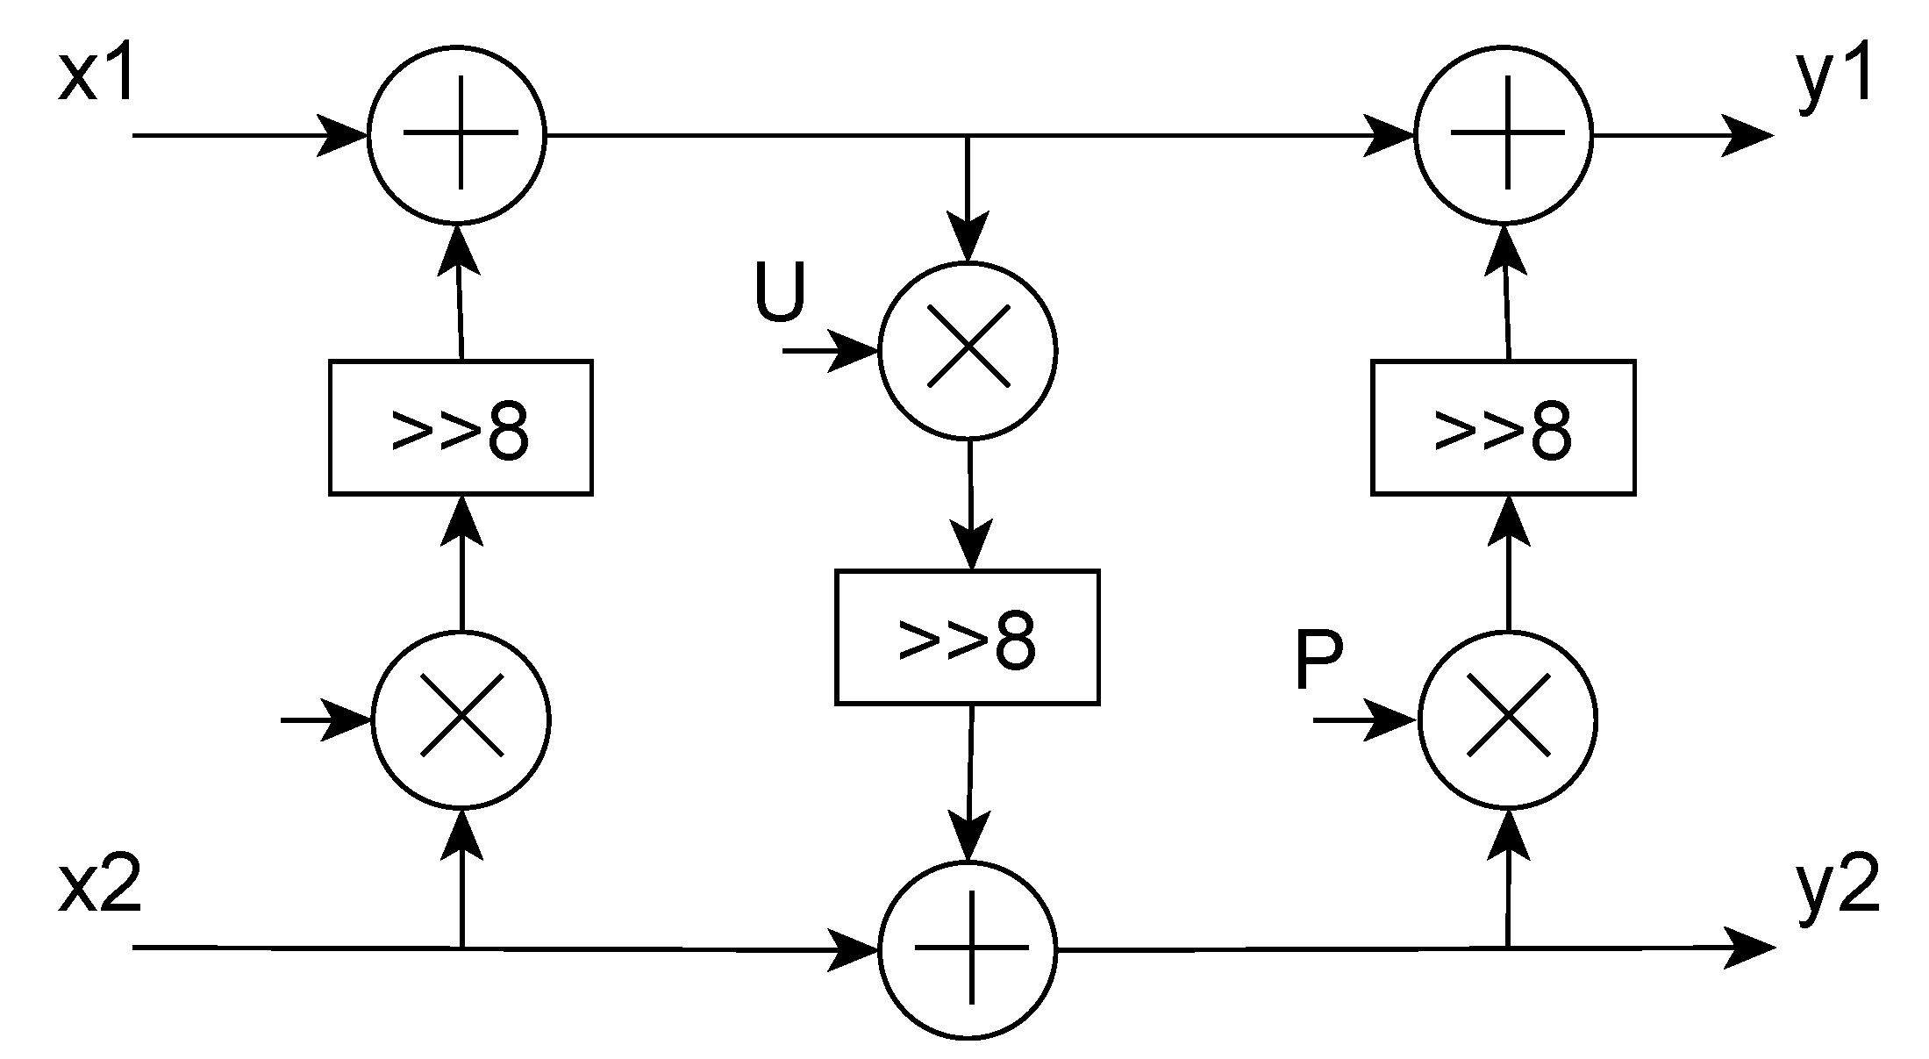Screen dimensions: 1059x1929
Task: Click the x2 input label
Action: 99,890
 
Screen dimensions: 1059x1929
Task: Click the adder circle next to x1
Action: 457,135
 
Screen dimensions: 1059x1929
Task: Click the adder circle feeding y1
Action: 1504,135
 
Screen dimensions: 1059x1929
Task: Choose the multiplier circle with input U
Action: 968,350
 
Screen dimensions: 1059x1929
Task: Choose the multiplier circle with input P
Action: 1507,720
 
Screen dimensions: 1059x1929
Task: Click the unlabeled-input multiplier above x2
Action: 461,720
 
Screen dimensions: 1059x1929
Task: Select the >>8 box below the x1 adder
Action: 461,428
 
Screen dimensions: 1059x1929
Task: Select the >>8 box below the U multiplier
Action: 967,638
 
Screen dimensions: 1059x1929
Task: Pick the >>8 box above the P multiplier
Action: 1503,428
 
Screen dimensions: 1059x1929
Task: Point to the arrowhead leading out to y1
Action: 1746,136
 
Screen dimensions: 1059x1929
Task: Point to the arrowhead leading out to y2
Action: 1747,948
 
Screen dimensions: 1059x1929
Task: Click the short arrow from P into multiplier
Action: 1366,720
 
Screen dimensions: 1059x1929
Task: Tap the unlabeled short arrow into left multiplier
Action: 325,720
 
